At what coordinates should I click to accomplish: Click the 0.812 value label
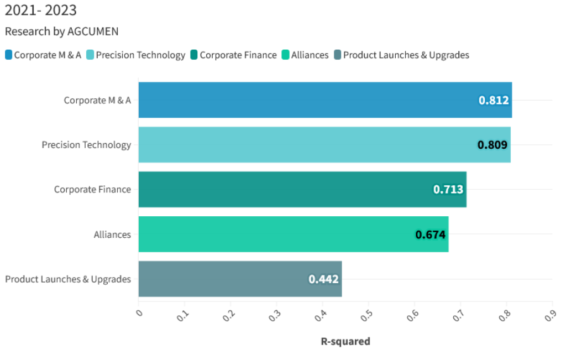(494, 100)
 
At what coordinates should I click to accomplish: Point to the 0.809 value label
(492, 145)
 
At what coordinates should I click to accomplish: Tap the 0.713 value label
(448, 189)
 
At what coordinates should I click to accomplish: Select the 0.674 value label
(430, 234)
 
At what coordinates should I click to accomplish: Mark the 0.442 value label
(323, 279)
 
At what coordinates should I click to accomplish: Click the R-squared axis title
(345, 341)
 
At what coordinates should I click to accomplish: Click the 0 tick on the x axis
(139, 313)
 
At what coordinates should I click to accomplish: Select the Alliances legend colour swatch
(285, 55)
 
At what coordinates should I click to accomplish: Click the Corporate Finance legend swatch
(194, 55)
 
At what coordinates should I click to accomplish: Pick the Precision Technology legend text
(140, 55)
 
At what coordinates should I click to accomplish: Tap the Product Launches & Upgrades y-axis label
(68, 279)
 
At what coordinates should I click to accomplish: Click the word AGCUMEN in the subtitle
(93, 32)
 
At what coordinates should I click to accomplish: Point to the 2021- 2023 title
(41, 10)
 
